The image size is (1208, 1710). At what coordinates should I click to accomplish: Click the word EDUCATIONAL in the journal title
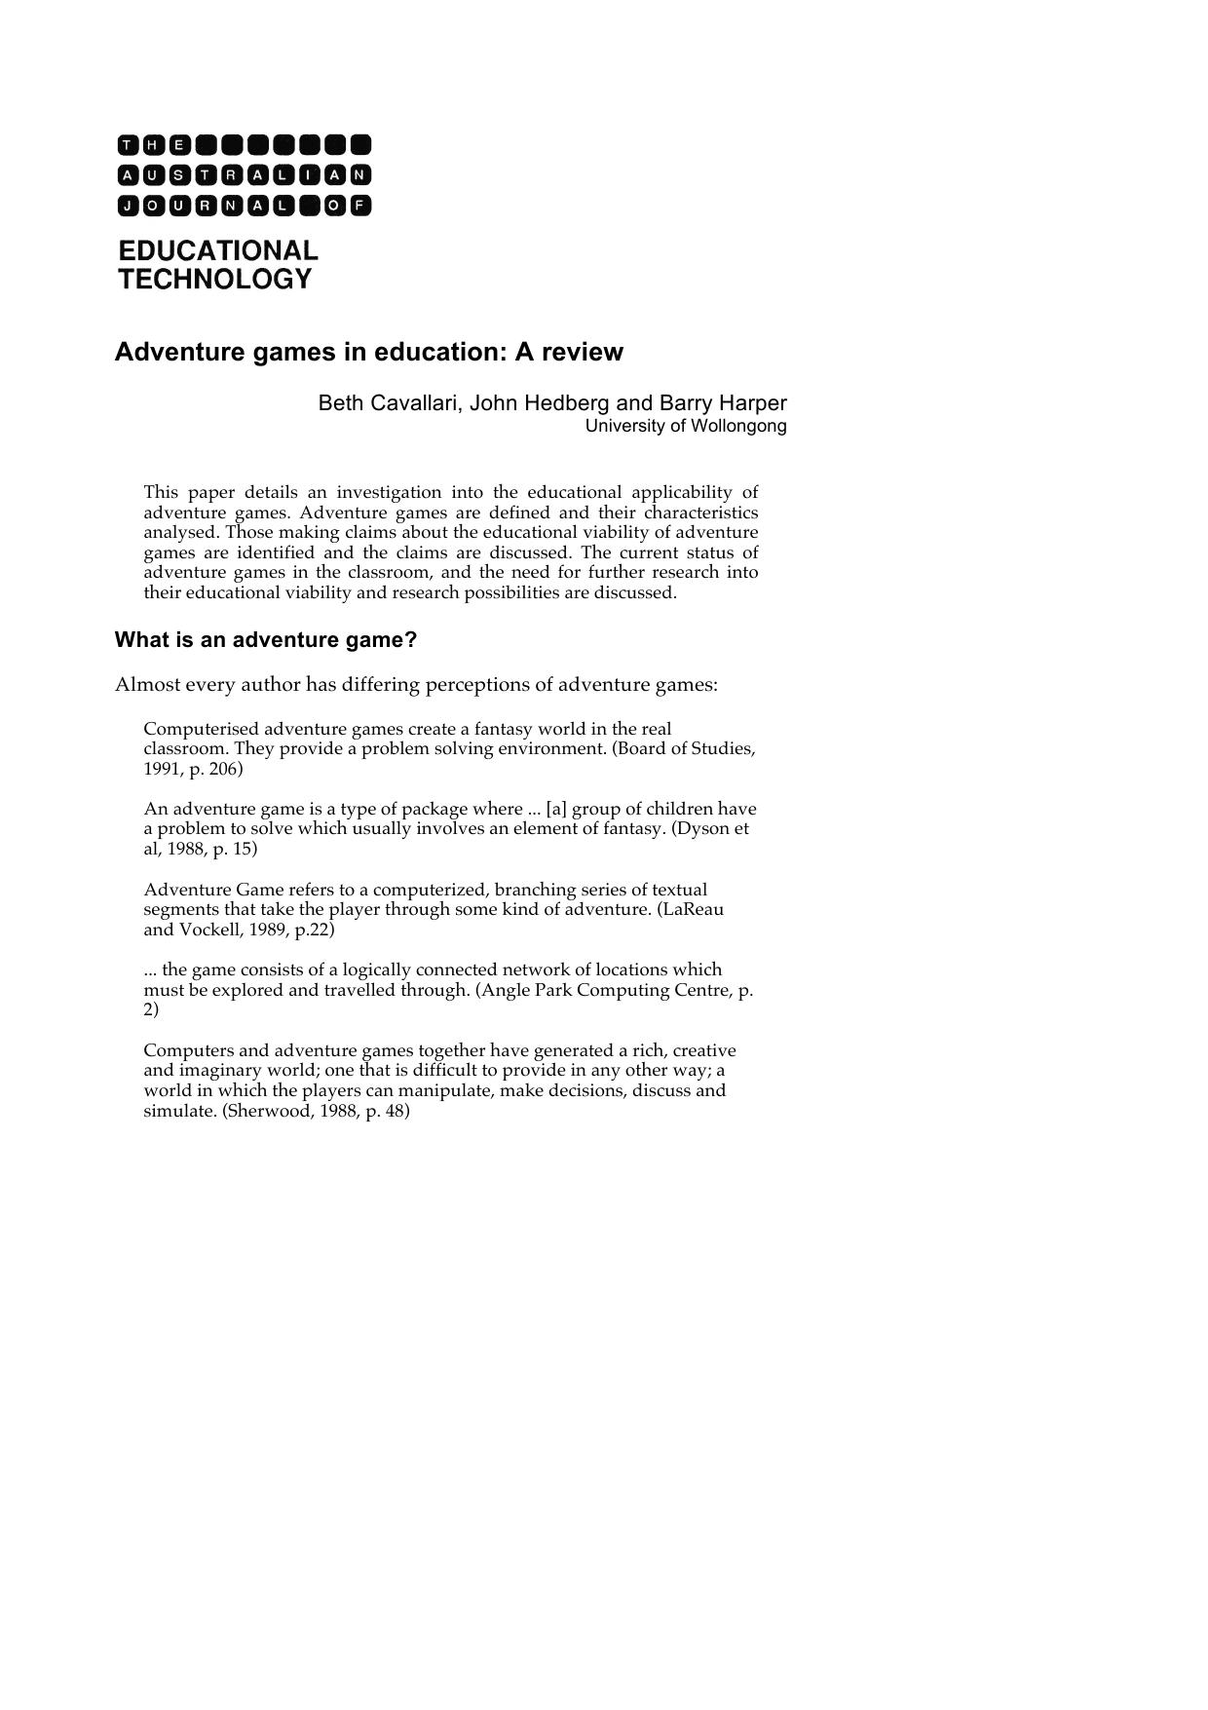tap(218, 250)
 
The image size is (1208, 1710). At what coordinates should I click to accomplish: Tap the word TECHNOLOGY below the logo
tap(215, 280)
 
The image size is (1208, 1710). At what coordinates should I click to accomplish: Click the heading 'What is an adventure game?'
tap(266, 640)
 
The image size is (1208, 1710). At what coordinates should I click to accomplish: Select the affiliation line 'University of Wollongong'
tap(686, 426)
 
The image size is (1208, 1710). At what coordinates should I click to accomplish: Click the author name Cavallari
tap(414, 403)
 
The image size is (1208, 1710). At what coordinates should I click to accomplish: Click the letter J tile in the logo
tap(129, 206)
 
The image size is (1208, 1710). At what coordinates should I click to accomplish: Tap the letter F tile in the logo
tap(360, 206)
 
